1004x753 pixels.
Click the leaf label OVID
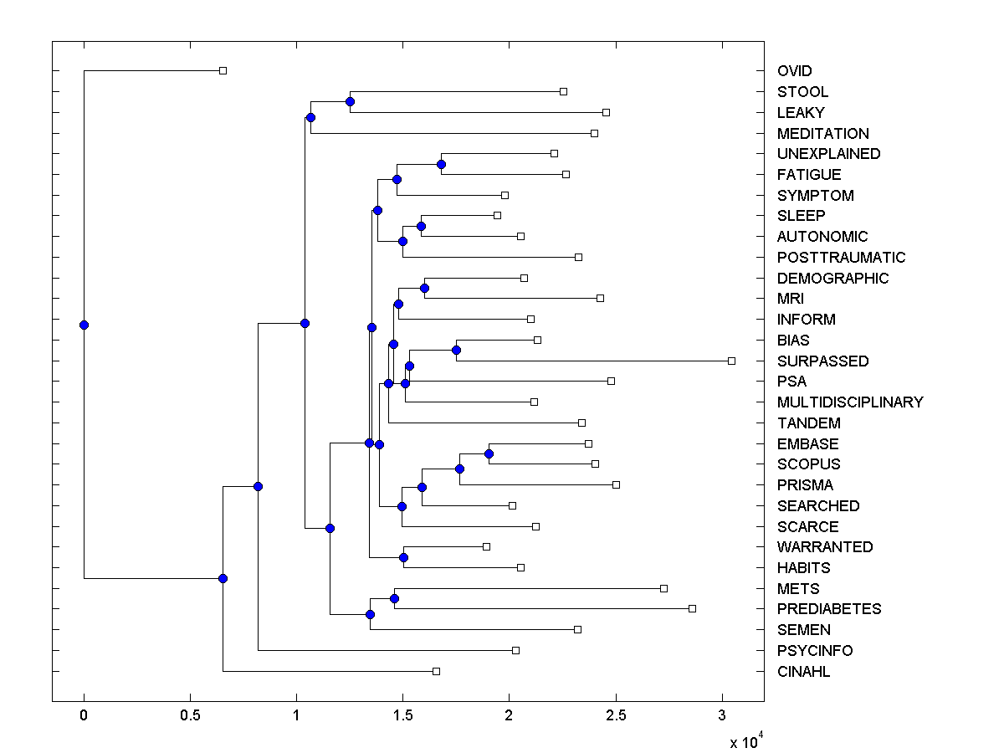[794, 71]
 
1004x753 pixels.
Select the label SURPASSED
[822, 361]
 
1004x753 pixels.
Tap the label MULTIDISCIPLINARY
[850, 402]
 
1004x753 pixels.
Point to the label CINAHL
[803, 672]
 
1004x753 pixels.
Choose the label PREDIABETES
[828, 609]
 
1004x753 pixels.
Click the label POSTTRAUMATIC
[841, 258]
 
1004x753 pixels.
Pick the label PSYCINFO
[815, 651]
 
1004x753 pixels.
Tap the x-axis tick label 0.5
[190, 716]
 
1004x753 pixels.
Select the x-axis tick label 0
[84, 716]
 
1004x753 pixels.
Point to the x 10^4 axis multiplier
[746, 740]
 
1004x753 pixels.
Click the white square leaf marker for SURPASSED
[731, 361]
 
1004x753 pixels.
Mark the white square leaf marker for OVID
[223, 70]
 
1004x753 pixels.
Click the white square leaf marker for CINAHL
[436, 671]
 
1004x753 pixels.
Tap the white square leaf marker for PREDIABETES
[692, 608]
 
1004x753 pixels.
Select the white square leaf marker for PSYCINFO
[515, 650]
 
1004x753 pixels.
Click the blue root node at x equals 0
[84, 325]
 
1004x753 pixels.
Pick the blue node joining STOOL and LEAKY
[350, 101]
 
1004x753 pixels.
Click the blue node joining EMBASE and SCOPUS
[489, 453]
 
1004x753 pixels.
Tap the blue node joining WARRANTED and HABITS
[403, 557]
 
